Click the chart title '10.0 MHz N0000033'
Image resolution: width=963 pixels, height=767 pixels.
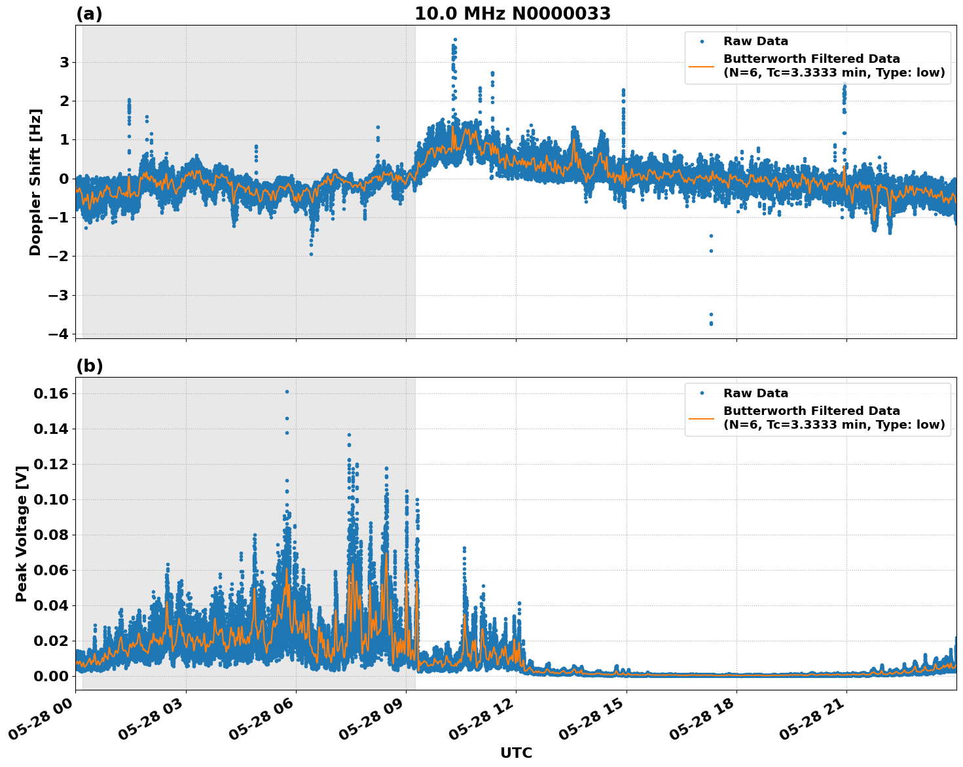point(512,14)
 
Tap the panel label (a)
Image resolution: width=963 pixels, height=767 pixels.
point(89,14)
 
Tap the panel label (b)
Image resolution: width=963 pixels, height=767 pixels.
point(89,366)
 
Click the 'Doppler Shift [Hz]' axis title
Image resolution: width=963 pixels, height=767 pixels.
point(35,182)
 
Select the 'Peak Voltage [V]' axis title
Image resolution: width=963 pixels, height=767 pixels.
point(22,533)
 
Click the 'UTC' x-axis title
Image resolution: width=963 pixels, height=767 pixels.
point(516,753)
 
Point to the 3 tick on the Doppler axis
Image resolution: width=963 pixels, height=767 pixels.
point(64,63)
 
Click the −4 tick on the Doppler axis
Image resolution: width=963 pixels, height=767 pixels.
point(59,334)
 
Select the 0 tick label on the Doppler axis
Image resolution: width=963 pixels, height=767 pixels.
point(64,179)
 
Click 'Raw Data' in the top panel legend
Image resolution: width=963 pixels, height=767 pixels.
point(755,41)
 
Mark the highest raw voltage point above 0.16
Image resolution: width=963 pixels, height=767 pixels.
point(287,391)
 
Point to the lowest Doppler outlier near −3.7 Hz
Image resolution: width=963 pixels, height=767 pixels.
point(711,324)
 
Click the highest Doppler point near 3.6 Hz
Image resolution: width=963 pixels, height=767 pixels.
point(455,40)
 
